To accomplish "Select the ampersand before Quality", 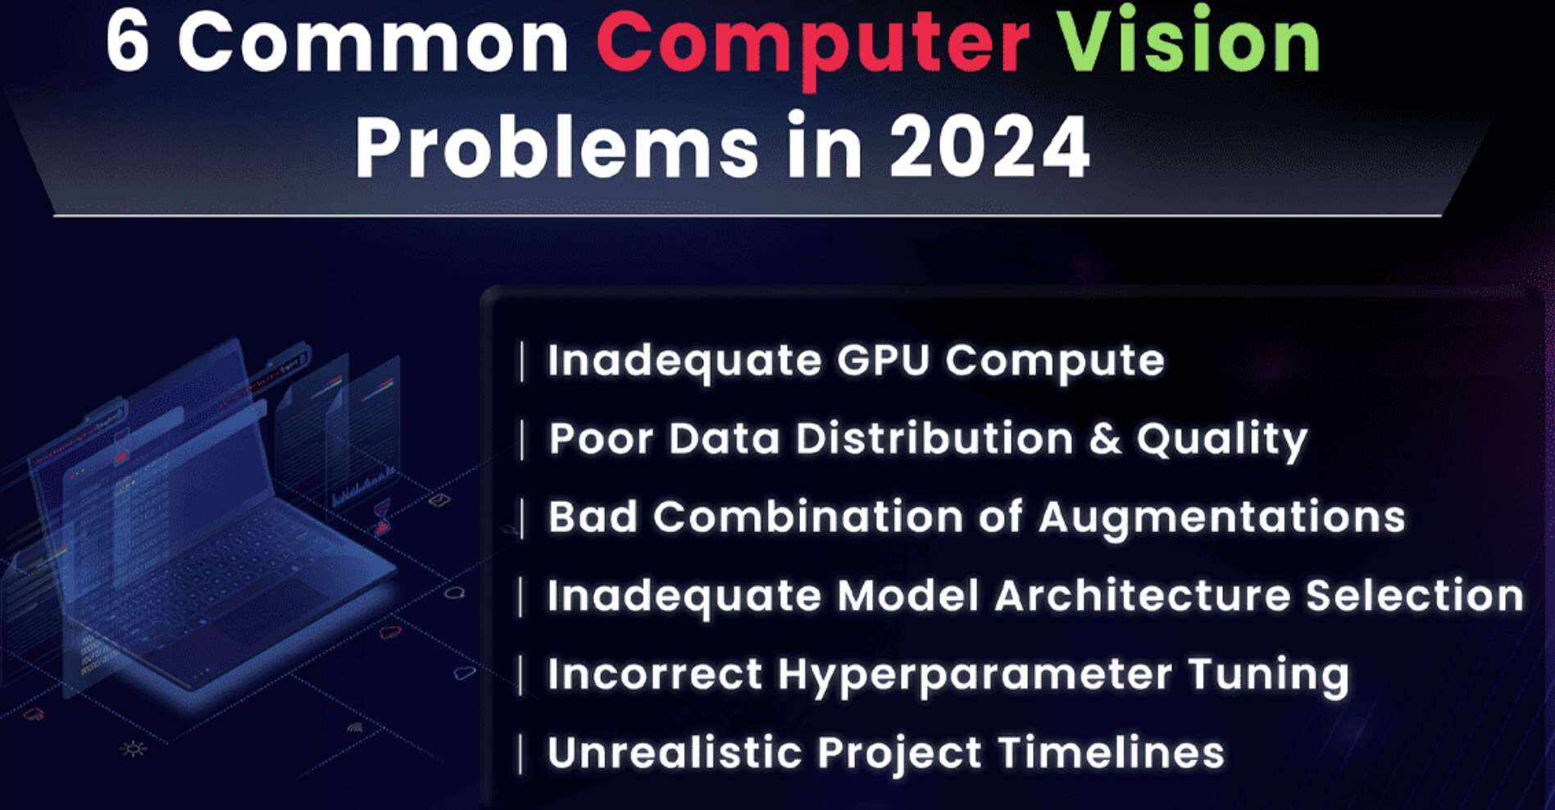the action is (1104, 438).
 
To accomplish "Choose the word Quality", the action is (1221, 441).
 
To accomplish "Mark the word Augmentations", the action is (1221, 519).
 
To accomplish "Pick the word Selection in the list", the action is (1414, 595).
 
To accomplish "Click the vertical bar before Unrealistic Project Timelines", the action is (521, 754).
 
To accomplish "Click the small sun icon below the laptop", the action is (134, 749).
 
